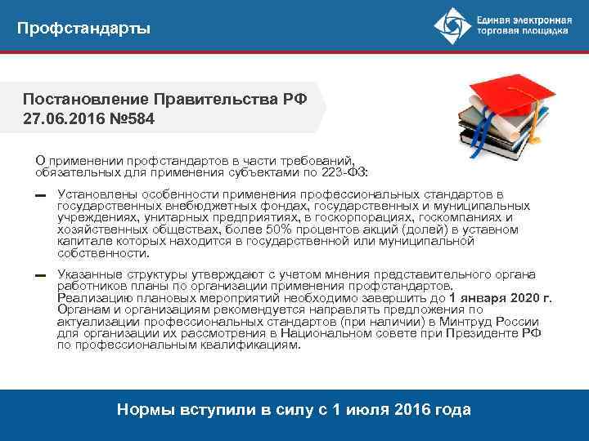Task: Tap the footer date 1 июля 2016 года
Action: coord(396,410)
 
